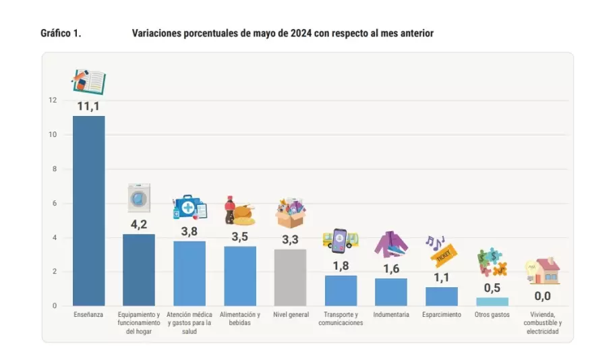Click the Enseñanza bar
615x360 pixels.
pos(88,210)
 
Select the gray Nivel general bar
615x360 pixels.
pos(290,277)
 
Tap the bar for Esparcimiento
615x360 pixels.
pos(442,297)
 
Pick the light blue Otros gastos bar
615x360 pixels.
pos(492,301)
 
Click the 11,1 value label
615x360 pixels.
pos(88,107)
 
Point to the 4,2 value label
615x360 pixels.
pos(139,224)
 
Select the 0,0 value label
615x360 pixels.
pos(542,296)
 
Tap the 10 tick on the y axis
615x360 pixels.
pos(53,135)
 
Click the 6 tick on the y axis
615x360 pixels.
pos(55,203)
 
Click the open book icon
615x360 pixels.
pos(89,82)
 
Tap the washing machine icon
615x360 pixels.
pos(139,198)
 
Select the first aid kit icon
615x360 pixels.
pos(190,207)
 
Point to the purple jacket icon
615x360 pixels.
pos(391,244)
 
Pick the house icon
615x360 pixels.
pos(543,271)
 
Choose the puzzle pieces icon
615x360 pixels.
pos(493,262)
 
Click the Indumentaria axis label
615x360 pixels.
pos(391,315)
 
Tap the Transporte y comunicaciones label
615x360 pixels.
pos(341,319)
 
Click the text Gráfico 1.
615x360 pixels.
pos(61,33)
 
